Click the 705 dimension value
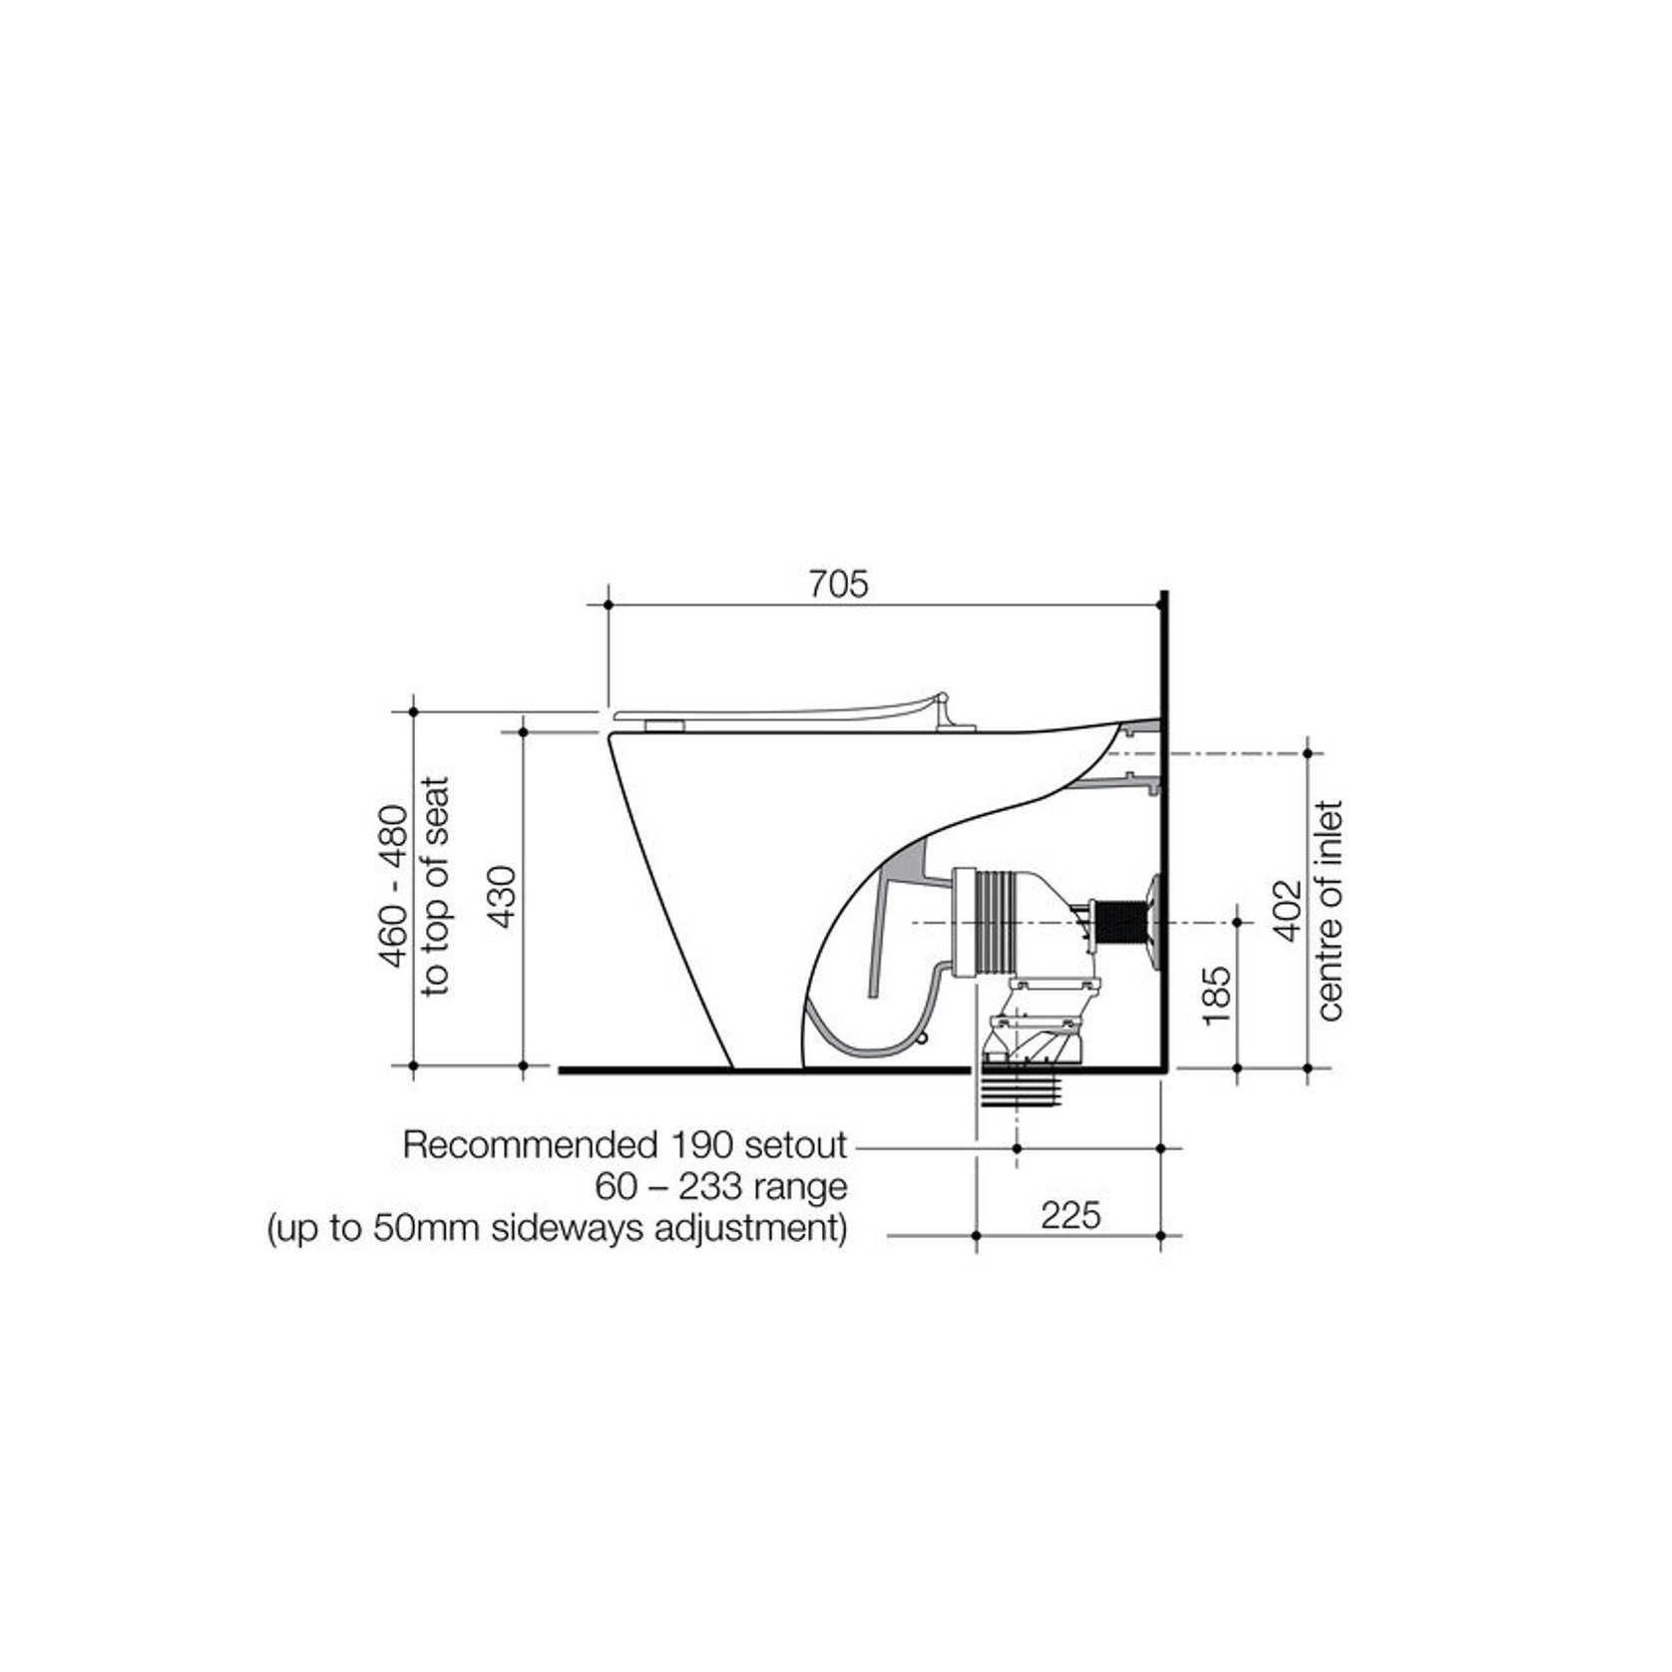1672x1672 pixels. (x=838, y=584)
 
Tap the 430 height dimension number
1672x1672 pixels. (x=504, y=897)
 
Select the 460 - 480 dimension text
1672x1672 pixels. (x=394, y=886)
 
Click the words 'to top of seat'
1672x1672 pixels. (x=436, y=886)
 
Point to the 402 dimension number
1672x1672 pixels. (x=1289, y=910)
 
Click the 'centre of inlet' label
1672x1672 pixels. (x=1331, y=910)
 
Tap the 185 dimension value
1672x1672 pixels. (x=1217, y=995)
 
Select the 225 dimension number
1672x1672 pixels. (x=1070, y=1215)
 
